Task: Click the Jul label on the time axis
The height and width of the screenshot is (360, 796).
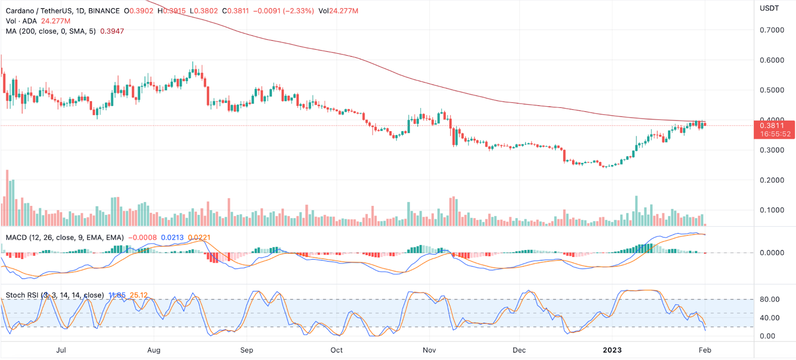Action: coord(61,350)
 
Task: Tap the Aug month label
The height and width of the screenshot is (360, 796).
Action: coord(154,350)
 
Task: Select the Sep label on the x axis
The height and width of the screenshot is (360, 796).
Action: coord(246,350)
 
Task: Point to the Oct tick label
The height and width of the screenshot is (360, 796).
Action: coord(337,350)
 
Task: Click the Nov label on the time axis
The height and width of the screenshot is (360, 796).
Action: coord(429,350)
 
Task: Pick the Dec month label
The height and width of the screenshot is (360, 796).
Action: coord(519,350)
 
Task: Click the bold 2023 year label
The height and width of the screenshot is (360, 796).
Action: coord(612,350)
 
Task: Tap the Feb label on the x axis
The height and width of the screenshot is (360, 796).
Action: coord(704,350)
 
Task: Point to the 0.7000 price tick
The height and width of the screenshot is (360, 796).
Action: coord(772,30)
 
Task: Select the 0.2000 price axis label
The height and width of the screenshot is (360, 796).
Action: coord(772,180)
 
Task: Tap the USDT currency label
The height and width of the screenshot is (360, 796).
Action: coord(769,8)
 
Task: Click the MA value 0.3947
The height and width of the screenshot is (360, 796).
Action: coord(112,31)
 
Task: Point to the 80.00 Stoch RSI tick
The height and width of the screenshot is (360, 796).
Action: coord(769,299)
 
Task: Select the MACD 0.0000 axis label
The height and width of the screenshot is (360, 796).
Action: coord(772,253)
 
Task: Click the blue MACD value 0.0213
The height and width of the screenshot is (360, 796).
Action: coord(172,238)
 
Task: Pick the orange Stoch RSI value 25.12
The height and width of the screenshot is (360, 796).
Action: coord(139,295)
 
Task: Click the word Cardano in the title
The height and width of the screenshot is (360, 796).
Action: coord(19,11)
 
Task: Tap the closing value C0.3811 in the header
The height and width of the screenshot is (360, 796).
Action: coord(235,11)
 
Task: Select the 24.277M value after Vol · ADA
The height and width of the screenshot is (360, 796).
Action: coord(55,21)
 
